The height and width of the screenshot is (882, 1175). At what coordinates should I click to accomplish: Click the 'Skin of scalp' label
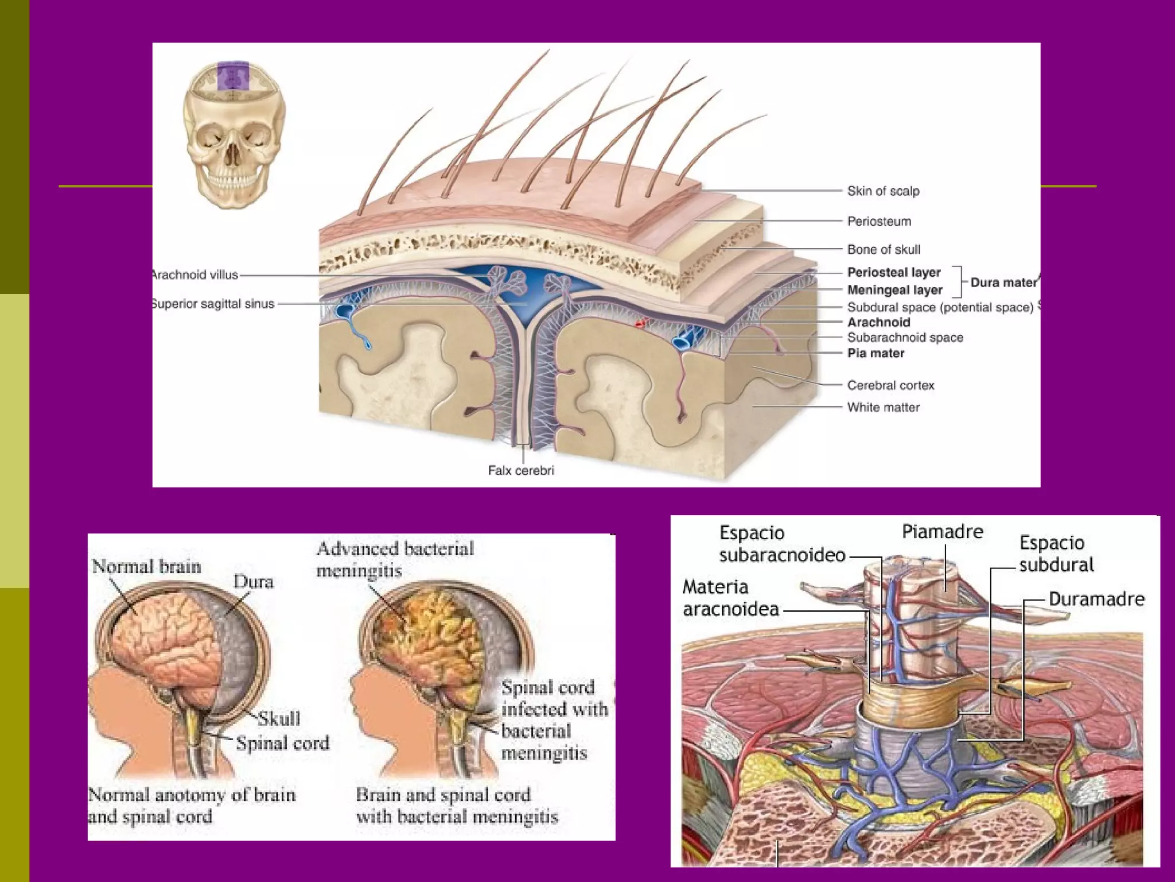click(x=883, y=191)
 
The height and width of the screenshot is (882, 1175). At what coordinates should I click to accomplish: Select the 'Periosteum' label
click(x=879, y=221)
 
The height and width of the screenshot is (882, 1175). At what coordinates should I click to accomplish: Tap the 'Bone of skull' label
click(x=884, y=249)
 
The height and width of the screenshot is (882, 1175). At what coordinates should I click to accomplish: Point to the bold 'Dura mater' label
click(x=1003, y=282)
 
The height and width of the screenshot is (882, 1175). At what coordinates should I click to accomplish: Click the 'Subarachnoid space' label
click(x=905, y=338)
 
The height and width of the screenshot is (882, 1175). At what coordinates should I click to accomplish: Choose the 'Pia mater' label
click(x=876, y=353)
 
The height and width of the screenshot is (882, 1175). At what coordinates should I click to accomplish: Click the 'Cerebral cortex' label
click(x=890, y=385)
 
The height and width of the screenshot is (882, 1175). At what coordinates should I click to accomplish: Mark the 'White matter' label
click(x=883, y=407)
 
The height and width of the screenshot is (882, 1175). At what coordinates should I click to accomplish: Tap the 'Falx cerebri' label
click(x=521, y=470)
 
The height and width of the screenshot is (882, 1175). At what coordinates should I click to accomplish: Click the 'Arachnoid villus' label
click(x=195, y=274)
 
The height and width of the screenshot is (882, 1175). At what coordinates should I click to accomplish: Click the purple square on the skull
click(x=233, y=76)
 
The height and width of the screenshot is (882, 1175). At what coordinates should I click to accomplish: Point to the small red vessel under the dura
click(x=640, y=323)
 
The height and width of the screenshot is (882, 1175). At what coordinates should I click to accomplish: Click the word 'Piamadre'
click(x=942, y=531)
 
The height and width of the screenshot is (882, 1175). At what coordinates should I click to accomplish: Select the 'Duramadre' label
click(x=1096, y=599)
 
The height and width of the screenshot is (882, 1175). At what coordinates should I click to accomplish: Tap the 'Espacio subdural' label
click(x=1056, y=554)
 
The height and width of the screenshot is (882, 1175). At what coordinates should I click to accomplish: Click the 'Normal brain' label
click(x=146, y=567)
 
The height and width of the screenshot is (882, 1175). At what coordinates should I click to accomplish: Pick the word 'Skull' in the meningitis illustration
click(x=279, y=718)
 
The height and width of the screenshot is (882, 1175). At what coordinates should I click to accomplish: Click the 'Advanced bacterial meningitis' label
click(x=395, y=559)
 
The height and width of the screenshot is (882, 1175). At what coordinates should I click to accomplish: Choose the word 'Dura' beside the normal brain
click(x=253, y=582)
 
